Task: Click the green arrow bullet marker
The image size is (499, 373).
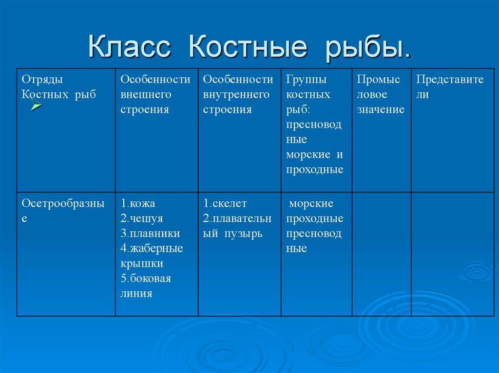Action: click(36, 105)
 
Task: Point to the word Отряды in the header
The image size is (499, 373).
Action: click(42, 80)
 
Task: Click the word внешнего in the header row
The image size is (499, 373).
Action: click(146, 94)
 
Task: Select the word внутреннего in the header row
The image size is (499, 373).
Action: click(236, 94)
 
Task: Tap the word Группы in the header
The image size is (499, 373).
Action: click(306, 80)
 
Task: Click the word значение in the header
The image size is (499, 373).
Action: click(381, 109)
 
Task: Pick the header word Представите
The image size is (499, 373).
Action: click(450, 79)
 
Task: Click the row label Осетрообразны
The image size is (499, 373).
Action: click(63, 204)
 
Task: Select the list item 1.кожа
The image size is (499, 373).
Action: click(138, 203)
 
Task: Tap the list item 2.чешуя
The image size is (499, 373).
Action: click(142, 218)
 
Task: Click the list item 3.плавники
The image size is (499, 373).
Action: click(150, 233)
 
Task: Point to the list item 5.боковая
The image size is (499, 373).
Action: click(146, 278)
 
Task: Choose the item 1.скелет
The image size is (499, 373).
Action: click(225, 203)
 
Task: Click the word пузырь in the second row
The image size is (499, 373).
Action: click(244, 234)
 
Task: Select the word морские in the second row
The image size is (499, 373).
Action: click(311, 203)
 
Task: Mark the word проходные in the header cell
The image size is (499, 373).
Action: click(314, 170)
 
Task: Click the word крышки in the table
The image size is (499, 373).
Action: click(142, 264)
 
